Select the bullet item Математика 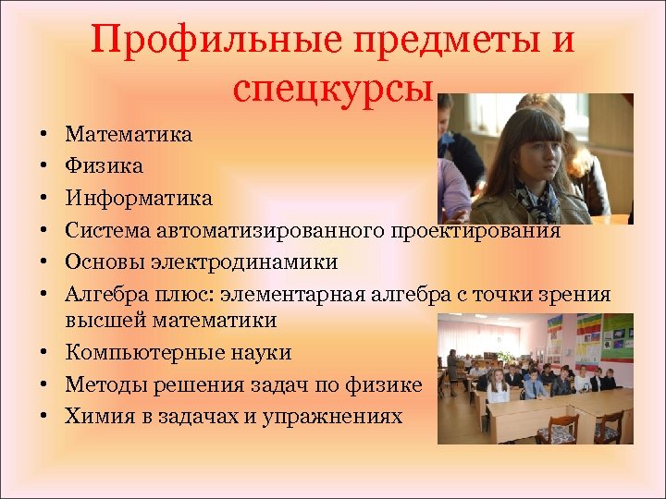tap(129, 135)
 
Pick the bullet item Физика tap(104, 166)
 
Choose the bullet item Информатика tap(139, 198)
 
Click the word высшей tap(99, 321)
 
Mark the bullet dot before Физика tap(44, 167)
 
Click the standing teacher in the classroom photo tap(452, 370)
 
